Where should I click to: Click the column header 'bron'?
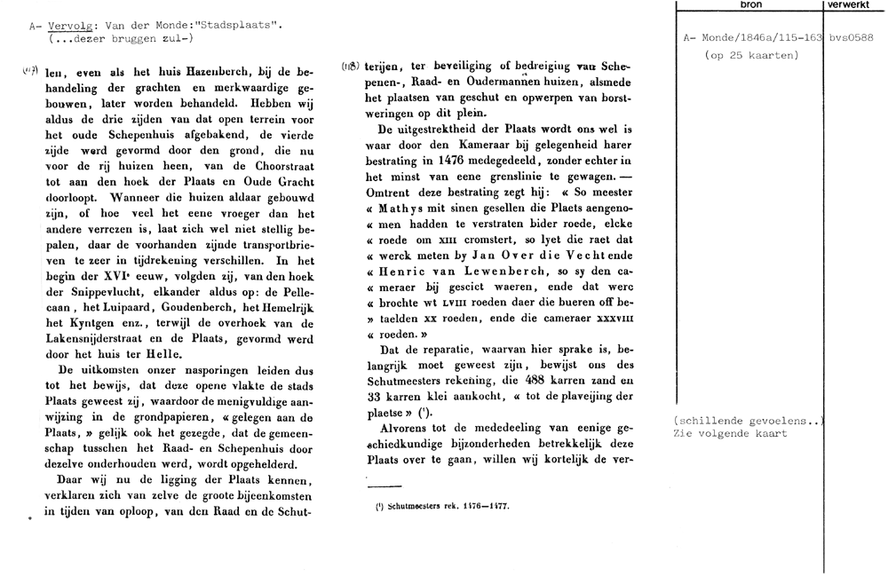click(x=750, y=5)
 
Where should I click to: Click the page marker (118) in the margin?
click(x=352, y=67)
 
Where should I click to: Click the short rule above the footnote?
click(x=385, y=485)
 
